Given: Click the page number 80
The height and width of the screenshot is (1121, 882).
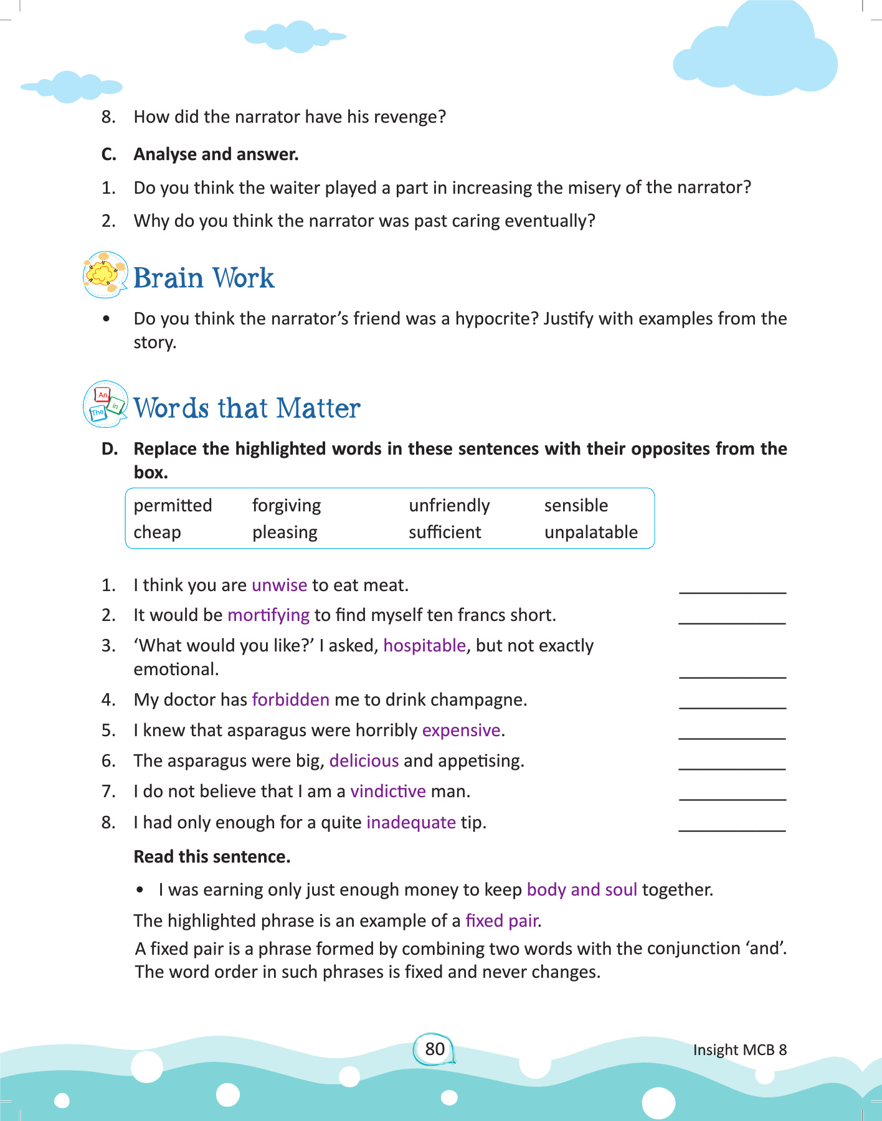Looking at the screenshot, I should click(435, 1049).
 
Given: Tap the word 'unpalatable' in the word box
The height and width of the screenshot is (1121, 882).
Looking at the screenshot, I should click(590, 532).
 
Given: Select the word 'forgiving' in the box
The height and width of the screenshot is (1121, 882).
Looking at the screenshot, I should click(287, 506).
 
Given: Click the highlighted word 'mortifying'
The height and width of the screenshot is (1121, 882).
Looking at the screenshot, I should click(268, 615).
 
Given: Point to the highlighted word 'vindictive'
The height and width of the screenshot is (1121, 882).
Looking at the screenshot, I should click(388, 792).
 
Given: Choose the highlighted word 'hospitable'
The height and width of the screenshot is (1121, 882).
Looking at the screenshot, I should click(424, 646).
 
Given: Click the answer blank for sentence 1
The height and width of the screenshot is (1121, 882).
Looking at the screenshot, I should click(732, 588).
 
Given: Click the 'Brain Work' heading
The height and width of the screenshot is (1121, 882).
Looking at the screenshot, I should click(204, 278).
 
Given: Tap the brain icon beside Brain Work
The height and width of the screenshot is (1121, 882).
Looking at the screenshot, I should click(105, 275).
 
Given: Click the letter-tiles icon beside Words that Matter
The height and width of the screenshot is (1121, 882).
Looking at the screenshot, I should click(105, 405).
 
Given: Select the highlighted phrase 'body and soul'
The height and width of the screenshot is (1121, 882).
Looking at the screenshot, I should click(582, 890).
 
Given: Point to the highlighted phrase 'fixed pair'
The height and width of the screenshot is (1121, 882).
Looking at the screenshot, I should click(503, 921).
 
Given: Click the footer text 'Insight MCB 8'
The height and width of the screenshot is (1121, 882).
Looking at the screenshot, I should click(739, 1050).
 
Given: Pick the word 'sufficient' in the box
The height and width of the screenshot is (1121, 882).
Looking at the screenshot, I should click(445, 532).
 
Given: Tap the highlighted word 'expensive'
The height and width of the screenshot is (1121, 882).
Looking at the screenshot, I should click(462, 731).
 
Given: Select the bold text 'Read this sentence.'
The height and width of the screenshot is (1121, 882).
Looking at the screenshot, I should click(212, 857).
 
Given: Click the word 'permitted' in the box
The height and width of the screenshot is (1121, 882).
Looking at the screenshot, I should click(173, 506).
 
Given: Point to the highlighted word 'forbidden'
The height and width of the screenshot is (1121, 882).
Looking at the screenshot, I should click(290, 700).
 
